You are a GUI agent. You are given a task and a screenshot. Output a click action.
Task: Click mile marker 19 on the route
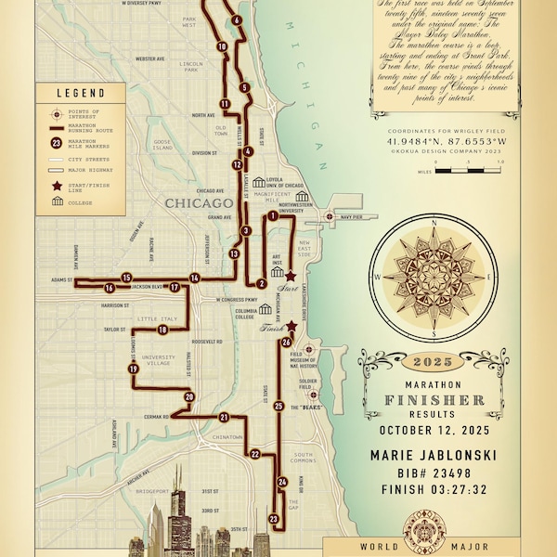click(x=134, y=369)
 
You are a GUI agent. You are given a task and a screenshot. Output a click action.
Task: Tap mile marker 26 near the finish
click(x=287, y=342)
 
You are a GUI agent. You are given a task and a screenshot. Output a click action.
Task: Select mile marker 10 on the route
click(x=221, y=45)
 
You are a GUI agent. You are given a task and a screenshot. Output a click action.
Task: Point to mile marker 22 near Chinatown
click(x=255, y=454)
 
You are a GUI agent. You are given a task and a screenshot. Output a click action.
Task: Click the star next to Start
click(x=290, y=276)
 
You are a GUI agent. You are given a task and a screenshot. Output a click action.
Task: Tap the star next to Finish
click(x=291, y=326)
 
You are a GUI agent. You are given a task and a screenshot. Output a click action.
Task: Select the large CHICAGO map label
click(x=198, y=202)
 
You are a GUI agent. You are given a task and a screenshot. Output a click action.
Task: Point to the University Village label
click(x=157, y=358)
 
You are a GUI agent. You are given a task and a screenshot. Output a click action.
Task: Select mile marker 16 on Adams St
click(x=110, y=288)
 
